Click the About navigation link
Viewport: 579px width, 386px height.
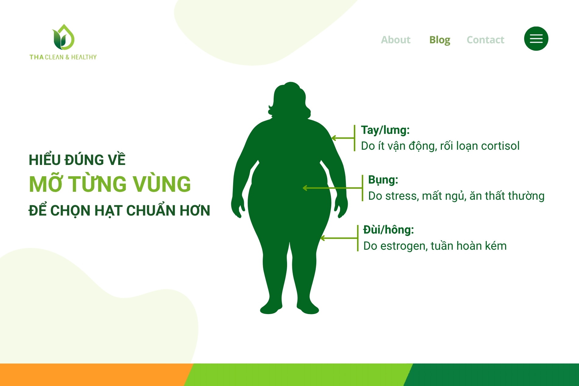pos(396,40)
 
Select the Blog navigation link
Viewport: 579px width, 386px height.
pos(439,40)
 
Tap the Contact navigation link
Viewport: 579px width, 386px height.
pos(485,40)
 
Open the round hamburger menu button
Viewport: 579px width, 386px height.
pos(536,39)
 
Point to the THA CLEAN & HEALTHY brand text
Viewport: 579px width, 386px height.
pos(63,57)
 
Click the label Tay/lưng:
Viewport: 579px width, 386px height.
pos(385,130)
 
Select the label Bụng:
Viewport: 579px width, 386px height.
pos(383,180)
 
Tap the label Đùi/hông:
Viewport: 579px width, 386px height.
pos(388,230)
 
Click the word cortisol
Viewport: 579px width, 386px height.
pos(500,146)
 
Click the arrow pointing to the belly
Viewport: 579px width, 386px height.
pos(332,188)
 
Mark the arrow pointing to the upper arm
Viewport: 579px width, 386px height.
pos(343,138)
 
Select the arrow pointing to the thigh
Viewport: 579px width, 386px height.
pos(339,238)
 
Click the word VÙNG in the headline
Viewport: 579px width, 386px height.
pos(162,184)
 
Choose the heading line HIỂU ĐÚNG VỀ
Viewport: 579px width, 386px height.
pos(77,160)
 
